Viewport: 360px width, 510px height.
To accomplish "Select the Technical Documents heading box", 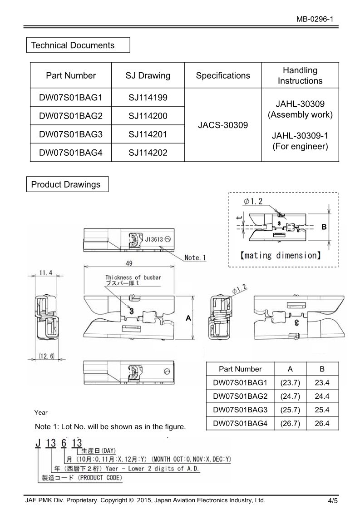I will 78,45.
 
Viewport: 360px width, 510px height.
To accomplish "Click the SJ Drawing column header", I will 148,75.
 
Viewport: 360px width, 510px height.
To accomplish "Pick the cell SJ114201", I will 148,134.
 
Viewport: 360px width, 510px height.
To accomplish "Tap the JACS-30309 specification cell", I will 223,125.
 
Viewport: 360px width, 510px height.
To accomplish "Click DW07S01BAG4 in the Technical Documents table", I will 71,153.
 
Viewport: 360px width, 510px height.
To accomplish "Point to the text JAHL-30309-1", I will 300,135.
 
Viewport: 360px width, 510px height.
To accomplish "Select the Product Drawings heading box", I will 67,184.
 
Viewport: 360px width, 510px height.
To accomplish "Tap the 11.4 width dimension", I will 45,272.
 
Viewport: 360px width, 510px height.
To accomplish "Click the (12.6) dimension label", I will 46,357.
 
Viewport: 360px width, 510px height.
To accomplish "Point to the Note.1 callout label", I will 195,257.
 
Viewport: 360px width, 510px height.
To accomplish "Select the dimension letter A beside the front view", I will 188,319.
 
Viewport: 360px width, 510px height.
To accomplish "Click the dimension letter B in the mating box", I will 324,227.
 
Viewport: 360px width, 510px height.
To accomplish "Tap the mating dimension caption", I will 280,255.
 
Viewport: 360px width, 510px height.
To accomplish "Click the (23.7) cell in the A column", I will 290,383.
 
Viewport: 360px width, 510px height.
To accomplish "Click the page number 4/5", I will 332,501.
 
